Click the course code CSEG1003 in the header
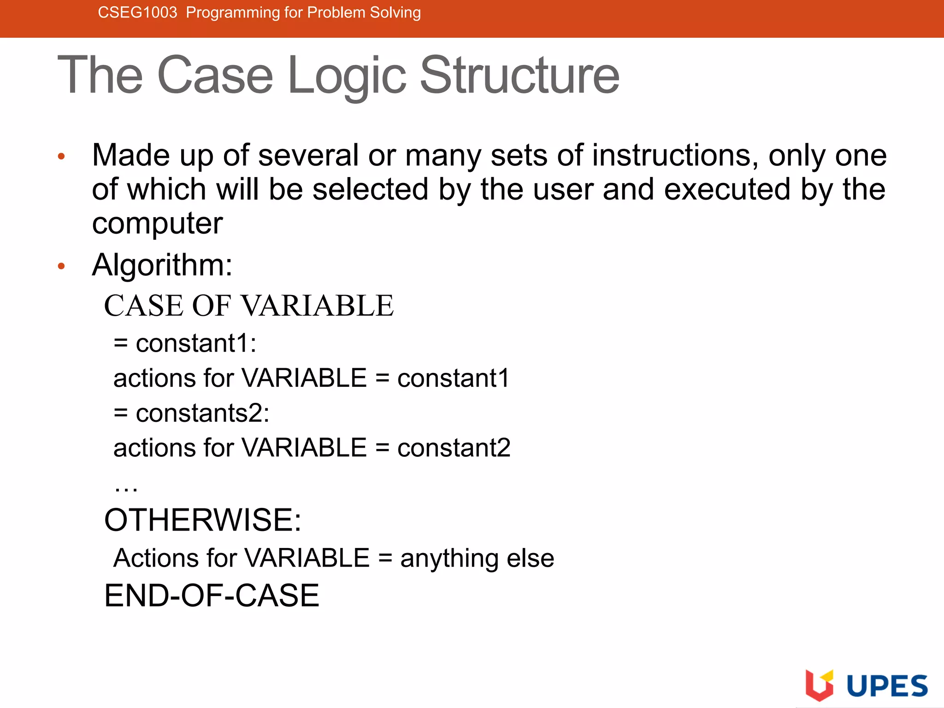pyautogui.click(x=137, y=12)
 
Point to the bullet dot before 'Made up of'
pyautogui.click(x=61, y=157)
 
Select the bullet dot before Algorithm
pyautogui.click(x=61, y=266)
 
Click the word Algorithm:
pyautogui.click(x=162, y=265)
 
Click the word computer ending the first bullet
pyautogui.click(x=157, y=224)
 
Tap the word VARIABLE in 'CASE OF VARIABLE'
pyautogui.click(x=317, y=306)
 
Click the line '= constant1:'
pyautogui.click(x=185, y=343)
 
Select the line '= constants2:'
pyautogui.click(x=191, y=413)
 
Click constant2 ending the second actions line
pyautogui.click(x=454, y=448)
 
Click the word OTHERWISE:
pyautogui.click(x=203, y=520)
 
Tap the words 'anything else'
pyautogui.click(x=477, y=558)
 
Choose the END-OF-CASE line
pyautogui.click(x=212, y=596)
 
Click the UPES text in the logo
pyautogui.click(x=887, y=686)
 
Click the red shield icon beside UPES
pyautogui.click(x=819, y=685)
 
